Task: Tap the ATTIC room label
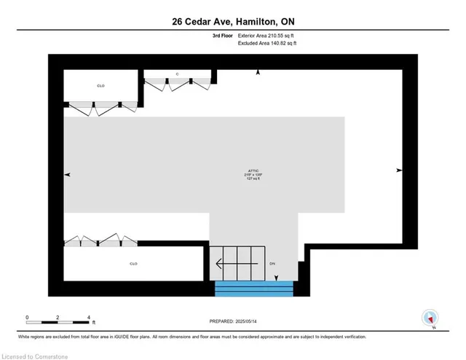point(253,172)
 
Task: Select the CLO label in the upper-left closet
point(100,86)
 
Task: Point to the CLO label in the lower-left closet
point(133,264)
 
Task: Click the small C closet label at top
point(177,74)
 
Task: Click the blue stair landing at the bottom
point(254,289)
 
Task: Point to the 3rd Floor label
point(216,35)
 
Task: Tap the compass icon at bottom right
point(430,318)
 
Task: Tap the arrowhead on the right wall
point(399,170)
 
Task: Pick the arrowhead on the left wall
point(68,175)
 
